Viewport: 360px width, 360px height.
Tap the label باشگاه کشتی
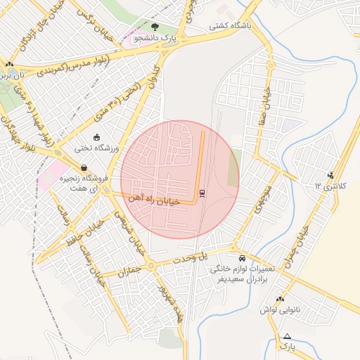[x=232, y=26]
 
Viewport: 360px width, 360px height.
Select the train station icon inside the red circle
[x=202, y=193]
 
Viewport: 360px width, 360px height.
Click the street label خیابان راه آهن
[x=153, y=200]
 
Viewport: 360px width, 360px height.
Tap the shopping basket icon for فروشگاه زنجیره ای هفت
[x=84, y=168]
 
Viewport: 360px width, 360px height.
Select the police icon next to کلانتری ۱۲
[x=331, y=175]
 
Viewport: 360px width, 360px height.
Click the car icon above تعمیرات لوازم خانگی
[x=243, y=259]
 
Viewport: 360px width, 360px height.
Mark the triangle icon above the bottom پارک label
[x=287, y=336]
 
